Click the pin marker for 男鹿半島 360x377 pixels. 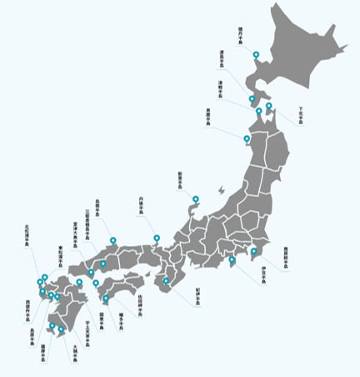coord(247,138)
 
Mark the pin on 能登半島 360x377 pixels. coord(196,199)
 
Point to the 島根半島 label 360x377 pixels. coord(97,204)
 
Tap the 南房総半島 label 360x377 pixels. coord(286,255)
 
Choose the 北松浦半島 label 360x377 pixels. coord(27,239)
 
